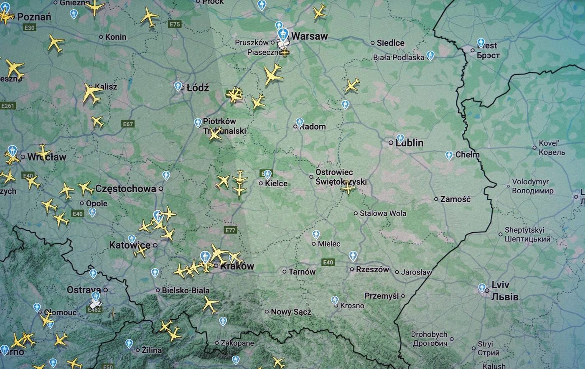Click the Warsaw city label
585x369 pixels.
pos(309,36)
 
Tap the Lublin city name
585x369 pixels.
pos(409,143)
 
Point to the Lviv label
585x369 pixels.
pos(500,285)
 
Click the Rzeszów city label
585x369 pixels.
pos(372,270)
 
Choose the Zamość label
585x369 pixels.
pos(455,199)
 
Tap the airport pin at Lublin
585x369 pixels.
pos(400,138)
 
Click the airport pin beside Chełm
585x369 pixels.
pos(449,155)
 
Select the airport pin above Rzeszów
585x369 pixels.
pos(353,255)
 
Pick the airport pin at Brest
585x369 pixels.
pos(481,43)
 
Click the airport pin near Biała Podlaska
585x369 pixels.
pos(430,55)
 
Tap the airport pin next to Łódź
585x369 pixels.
pos(178,86)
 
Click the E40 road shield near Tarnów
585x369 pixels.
pos(328,262)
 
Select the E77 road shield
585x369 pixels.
pos(231,230)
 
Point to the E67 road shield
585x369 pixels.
pos(128,124)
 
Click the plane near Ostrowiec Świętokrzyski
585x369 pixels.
pos(348,188)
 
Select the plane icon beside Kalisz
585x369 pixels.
pos(92,93)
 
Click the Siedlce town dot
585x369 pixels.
pos(373,43)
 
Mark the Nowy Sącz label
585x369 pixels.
pos(291,312)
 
